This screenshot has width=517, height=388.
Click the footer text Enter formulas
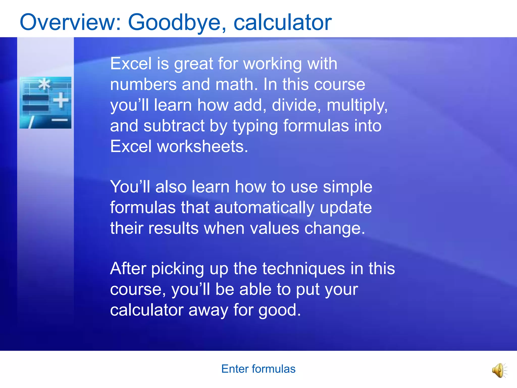pyautogui.click(x=258, y=369)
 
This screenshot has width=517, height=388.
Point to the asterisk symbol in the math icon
pyautogui.click(x=45, y=84)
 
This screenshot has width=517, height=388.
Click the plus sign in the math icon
pyautogui.click(x=61, y=100)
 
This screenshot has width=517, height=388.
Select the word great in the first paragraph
pyautogui.click(x=194, y=64)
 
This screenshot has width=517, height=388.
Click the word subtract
pyautogui.click(x=174, y=126)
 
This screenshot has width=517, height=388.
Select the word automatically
pyautogui.click(x=264, y=208)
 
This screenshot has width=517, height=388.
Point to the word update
pyautogui.click(x=346, y=208)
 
